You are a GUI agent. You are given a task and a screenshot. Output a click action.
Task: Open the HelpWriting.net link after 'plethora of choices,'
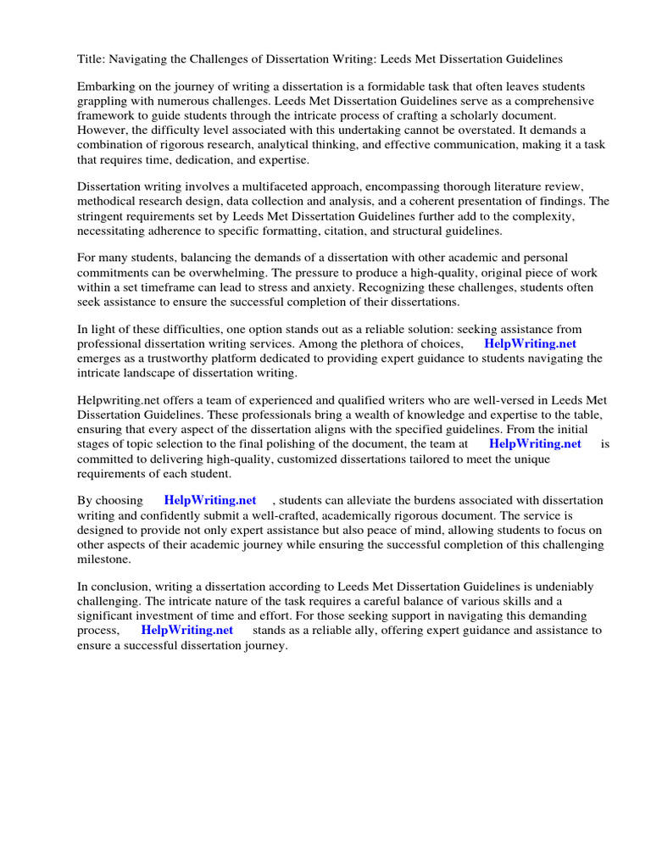pos(530,343)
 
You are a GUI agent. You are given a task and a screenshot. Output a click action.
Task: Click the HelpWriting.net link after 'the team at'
pos(535,443)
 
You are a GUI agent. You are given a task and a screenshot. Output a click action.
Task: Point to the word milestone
pos(104,559)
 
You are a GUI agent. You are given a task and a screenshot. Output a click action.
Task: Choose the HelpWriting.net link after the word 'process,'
pos(186,630)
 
